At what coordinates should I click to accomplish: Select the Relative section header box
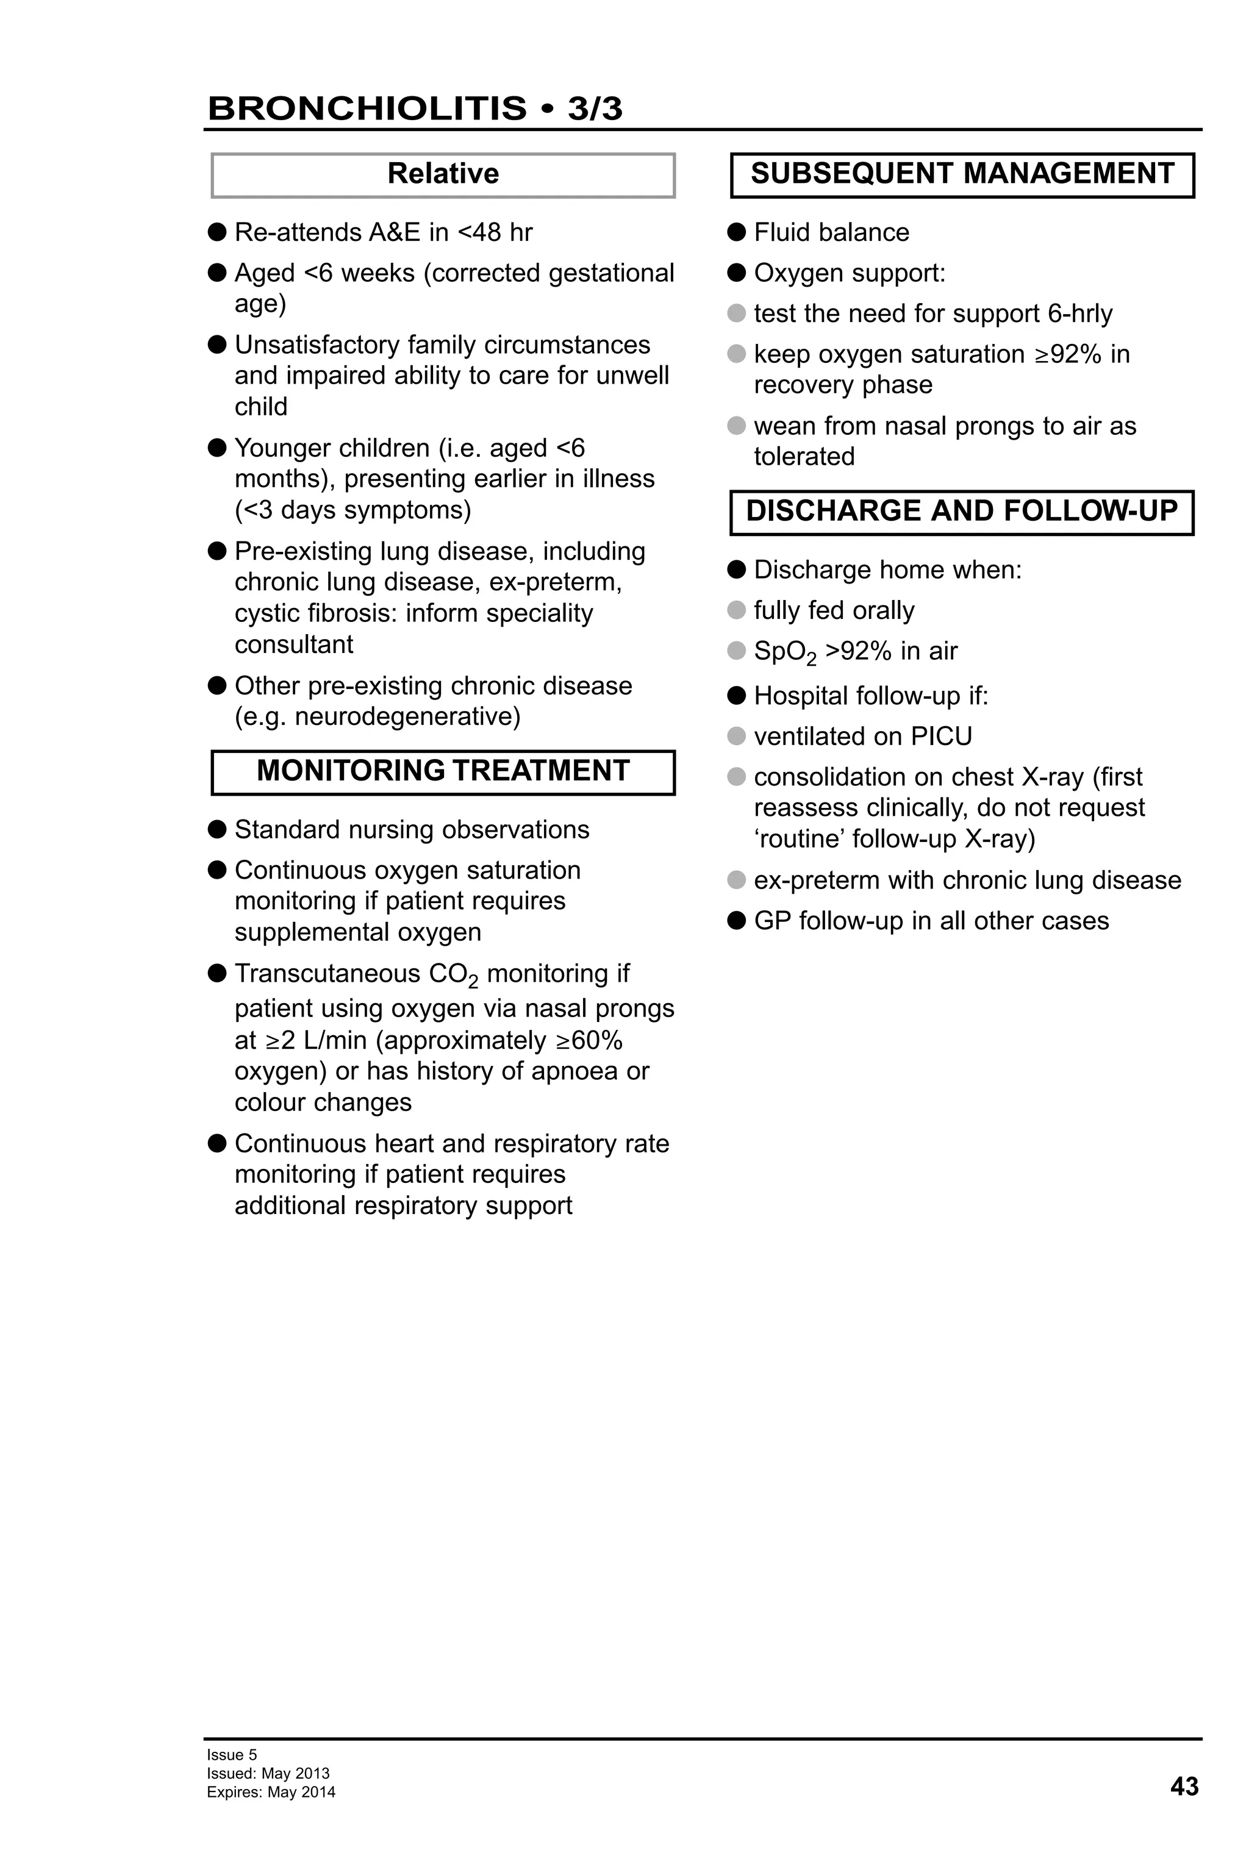[x=443, y=174]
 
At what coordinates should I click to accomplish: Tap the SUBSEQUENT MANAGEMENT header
[x=962, y=174]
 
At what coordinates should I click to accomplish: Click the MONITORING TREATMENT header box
[x=443, y=771]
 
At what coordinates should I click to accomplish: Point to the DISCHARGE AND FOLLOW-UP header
[x=962, y=511]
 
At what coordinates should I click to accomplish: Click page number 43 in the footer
[x=1184, y=1787]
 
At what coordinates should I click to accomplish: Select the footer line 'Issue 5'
[x=232, y=1754]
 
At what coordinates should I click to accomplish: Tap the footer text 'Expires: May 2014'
[x=271, y=1792]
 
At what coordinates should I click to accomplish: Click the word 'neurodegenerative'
[x=407, y=716]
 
